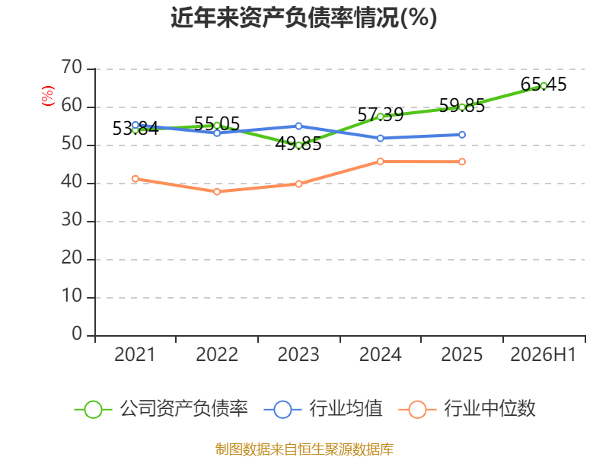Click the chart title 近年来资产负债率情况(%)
[x=304, y=18]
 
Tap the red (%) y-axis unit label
[x=47, y=96]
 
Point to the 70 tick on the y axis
[x=72, y=68]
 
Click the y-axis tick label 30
[x=72, y=220]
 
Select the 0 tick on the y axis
[x=77, y=334]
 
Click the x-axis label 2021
[x=135, y=355]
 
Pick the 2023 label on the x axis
[x=298, y=355]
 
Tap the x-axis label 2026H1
[x=543, y=355]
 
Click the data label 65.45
[x=544, y=85]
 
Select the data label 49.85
[x=298, y=144]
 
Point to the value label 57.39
[x=380, y=115]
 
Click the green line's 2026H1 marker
[x=544, y=86]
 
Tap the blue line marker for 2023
[x=298, y=126]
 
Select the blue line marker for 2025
[x=462, y=135]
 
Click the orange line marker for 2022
[x=217, y=192]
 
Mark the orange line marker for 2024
[x=380, y=161]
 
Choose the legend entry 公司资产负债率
[x=161, y=409]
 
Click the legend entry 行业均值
[x=323, y=409]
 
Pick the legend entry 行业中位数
[x=467, y=409]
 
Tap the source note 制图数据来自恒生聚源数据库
[x=304, y=449]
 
